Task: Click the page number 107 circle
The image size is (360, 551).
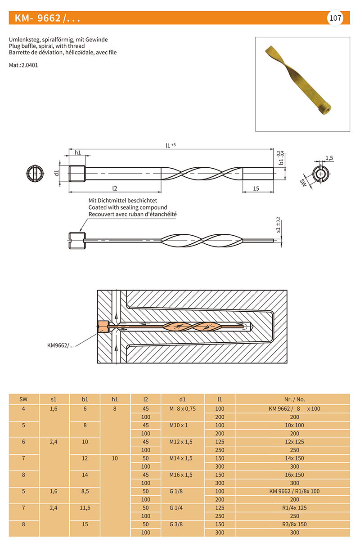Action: click(335, 18)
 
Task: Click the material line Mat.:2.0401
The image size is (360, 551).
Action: click(23, 65)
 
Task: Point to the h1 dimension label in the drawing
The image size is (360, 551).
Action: click(78, 153)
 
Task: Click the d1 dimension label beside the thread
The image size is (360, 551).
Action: click(57, 173)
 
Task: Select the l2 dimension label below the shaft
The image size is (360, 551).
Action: click(115, 188)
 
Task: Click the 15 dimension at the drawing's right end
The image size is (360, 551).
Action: click(256, 188)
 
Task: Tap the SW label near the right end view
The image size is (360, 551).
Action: click(303, 183)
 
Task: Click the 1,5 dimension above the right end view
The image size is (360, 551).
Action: click(329, 158)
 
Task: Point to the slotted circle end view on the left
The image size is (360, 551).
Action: click(35, 174)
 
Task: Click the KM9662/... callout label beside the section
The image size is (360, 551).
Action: click(60, 345)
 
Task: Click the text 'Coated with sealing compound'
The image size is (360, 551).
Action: click(128, 207)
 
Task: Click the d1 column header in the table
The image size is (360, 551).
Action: click(182, 400)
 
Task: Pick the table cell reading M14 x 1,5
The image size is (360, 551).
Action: click(181, 458)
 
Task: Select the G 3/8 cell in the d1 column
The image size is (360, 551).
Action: click(176, 524)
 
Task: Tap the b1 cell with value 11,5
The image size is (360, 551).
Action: click(85, 508)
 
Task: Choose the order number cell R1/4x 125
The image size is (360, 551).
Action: click(294, 508)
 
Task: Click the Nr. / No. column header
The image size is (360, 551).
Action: click(295, 400)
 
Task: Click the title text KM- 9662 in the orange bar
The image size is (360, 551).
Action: click(37, 18)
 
